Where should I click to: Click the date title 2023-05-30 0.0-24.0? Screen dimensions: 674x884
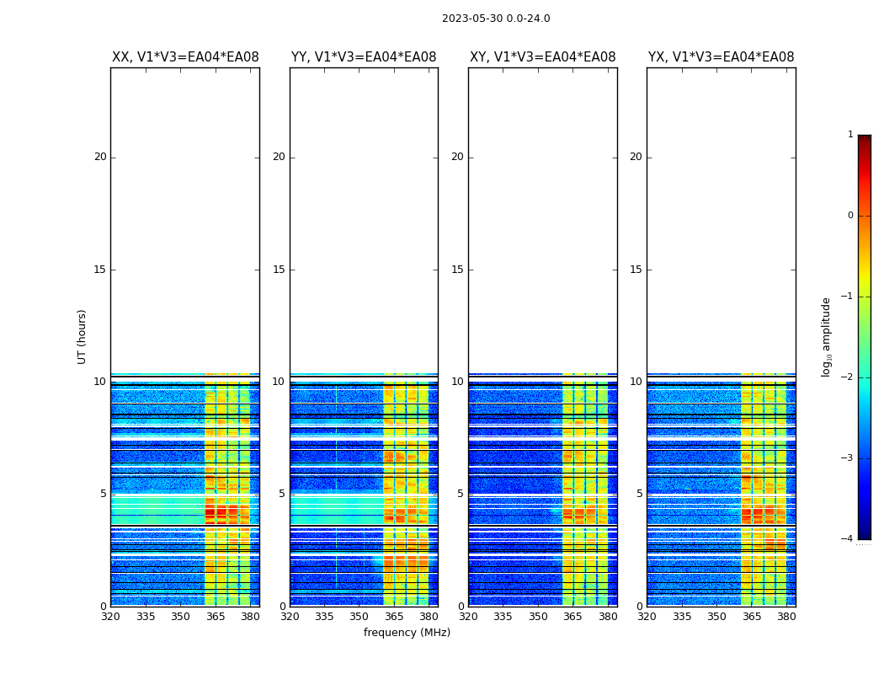[496, 19]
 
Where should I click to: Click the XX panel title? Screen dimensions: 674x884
[185, 57]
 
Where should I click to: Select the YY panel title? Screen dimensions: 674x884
[364, 57]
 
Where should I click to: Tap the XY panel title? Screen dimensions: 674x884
[542, 57]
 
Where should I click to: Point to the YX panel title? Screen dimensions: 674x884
[721, 57]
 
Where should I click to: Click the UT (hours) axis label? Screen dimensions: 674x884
[82, 336]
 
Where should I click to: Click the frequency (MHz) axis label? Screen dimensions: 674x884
[407, 633]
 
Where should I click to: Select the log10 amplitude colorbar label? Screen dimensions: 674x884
[827, 336]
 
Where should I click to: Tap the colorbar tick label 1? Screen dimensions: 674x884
[849, 135]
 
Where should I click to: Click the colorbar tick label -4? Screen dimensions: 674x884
[848, 539]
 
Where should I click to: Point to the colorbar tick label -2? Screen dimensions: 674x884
[848, 377]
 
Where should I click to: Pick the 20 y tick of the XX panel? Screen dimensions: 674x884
[100, 157]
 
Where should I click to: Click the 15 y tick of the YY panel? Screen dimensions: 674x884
[279, 270]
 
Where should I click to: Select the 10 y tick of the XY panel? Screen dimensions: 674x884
[457, 382]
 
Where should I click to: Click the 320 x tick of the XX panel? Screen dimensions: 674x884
[110, 617]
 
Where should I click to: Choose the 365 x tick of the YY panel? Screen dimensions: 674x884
[394, 617]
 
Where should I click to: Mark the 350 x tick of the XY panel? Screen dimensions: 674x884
[538, 617]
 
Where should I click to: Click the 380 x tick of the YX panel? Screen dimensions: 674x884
[786, 617]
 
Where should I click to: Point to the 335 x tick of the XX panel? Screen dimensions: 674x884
[146, 617]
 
